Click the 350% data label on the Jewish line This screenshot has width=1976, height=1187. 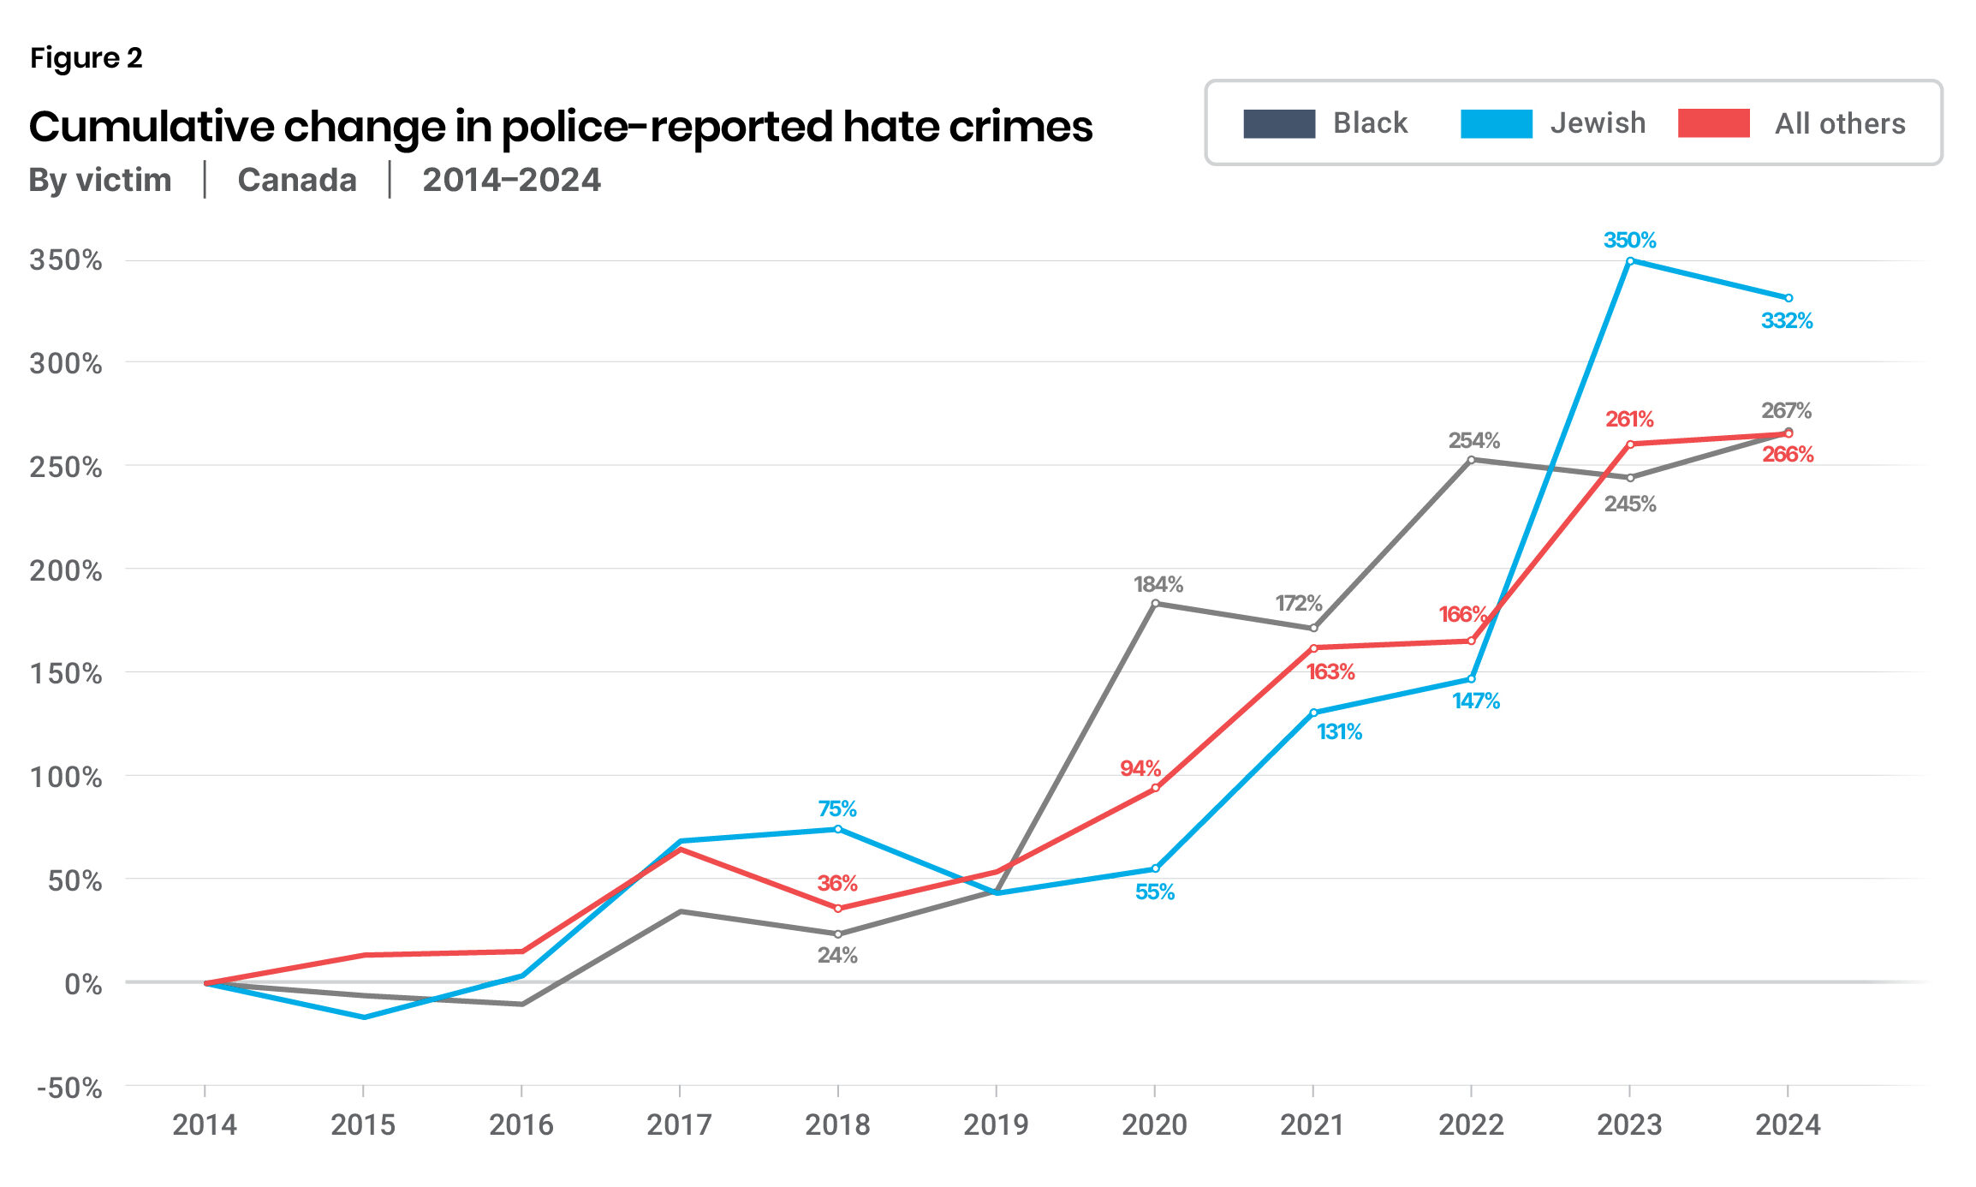1629,241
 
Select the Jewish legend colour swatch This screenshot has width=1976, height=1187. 1496,124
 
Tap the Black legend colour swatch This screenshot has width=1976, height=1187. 1279,124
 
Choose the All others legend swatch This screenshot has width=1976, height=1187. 1713,124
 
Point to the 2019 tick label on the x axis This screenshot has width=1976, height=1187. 996,1124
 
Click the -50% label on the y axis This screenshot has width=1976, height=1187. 69,1089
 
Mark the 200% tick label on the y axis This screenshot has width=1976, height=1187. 66,570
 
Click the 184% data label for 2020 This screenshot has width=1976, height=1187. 1158,585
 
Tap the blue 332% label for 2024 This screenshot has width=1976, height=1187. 1787,321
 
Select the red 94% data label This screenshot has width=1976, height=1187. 1140,768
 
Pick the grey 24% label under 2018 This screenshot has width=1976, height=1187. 837,955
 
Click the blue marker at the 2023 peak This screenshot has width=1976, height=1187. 1630,261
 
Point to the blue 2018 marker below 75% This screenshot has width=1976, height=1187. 837,829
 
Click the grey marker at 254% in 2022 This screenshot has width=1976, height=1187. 1472,460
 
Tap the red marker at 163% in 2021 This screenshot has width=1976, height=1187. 1313,648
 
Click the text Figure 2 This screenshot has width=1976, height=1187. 86,58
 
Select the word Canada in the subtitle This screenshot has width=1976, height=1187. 297,181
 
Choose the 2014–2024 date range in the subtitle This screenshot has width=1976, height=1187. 511,181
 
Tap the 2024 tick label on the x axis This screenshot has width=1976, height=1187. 1788,1124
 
